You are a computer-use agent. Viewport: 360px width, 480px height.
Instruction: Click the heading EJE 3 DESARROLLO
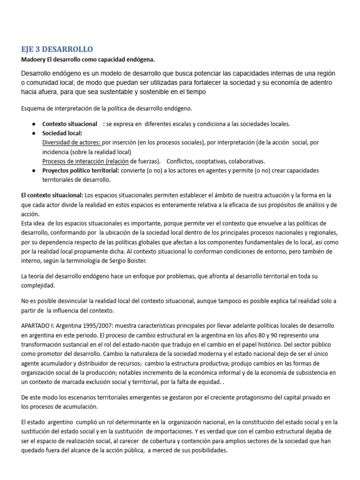point(57,49)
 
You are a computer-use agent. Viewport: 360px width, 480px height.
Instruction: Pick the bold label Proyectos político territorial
point(81,171)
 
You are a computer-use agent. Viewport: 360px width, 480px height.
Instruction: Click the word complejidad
point(38,285)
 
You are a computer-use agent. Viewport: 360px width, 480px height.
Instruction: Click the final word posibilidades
point(205,450)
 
